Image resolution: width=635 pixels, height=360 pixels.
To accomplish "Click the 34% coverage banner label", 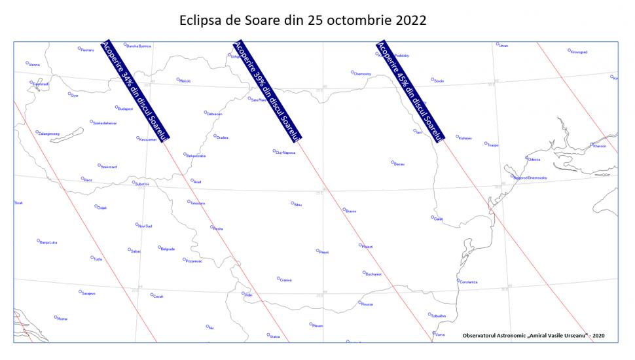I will [136, 90].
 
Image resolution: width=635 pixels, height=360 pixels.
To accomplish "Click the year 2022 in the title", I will [411, 20].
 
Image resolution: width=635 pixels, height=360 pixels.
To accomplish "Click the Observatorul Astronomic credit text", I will [533, 335].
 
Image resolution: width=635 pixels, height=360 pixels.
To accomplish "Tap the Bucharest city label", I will [374, 274].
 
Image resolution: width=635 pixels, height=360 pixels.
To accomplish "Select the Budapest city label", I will [125, 109].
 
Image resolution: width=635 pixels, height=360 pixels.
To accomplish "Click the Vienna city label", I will [34, 65].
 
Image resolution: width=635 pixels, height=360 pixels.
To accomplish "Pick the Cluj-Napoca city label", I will [286, 153].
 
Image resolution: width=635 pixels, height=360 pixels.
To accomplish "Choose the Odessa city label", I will [534, 160].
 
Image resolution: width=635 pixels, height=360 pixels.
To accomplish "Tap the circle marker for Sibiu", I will [293, 204].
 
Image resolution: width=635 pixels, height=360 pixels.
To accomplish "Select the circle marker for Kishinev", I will [457, 137].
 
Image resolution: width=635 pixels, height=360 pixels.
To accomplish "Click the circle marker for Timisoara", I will [189, 202].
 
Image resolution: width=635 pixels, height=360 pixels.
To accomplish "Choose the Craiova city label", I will [285, 280].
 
